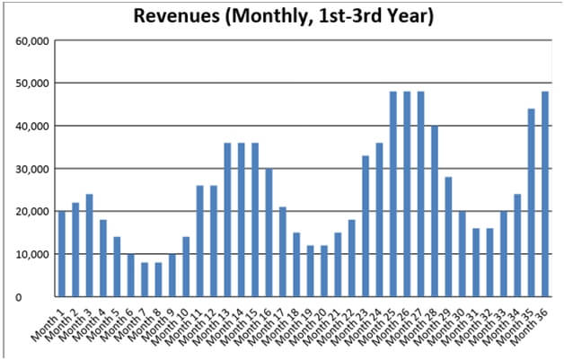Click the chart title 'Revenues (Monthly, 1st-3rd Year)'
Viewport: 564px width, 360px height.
(x=283, y=17)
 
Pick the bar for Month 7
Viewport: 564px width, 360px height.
(x=145, y=279)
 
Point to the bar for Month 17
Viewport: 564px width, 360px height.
(x=283, y=251)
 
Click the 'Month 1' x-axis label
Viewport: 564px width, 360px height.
(x=49, y=322)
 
